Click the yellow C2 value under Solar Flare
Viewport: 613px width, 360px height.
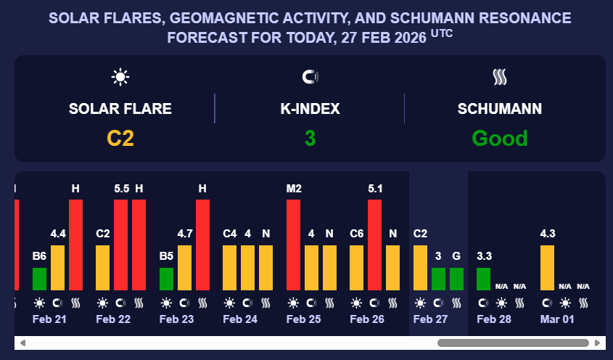120,138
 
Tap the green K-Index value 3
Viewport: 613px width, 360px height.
310,138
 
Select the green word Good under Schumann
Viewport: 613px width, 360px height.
499,138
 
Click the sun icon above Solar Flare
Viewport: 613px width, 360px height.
120,76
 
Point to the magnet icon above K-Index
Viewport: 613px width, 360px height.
310,76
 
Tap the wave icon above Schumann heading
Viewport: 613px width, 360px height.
499,76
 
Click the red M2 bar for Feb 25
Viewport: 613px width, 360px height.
293,245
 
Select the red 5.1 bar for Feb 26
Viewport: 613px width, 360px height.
374,245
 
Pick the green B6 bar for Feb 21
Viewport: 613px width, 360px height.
39,279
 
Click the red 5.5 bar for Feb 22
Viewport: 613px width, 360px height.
120,245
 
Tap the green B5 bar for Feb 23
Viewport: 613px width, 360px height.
166,279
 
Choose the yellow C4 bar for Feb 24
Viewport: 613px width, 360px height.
229,267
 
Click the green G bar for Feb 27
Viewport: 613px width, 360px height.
456,279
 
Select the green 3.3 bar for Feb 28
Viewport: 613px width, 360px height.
483,279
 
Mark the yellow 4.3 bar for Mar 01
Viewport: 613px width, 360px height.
547,267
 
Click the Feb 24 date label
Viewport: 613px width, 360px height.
240,319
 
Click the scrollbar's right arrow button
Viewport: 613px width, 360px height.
597,343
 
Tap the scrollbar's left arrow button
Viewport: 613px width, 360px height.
22,343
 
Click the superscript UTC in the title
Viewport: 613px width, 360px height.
442,33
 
